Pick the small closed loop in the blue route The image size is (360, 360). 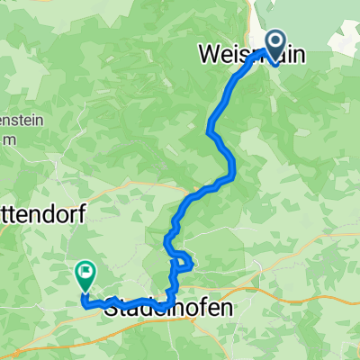pos(183,262)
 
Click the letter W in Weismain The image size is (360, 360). pos(207,56)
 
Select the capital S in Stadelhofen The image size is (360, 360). pos(112,308)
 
